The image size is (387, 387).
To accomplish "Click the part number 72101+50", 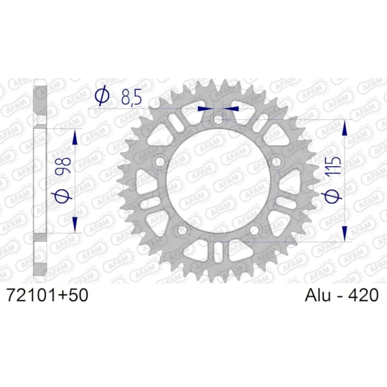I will tap(46, 295).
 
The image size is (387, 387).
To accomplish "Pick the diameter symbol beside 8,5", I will tap(103, 97).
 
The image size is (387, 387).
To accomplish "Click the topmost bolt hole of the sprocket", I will tap(218, 120).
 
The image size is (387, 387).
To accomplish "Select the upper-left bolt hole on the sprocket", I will tap(159, 161).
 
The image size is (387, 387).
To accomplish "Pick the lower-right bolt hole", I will tap(254, 230).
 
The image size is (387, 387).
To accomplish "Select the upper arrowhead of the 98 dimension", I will tap(75, 137).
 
